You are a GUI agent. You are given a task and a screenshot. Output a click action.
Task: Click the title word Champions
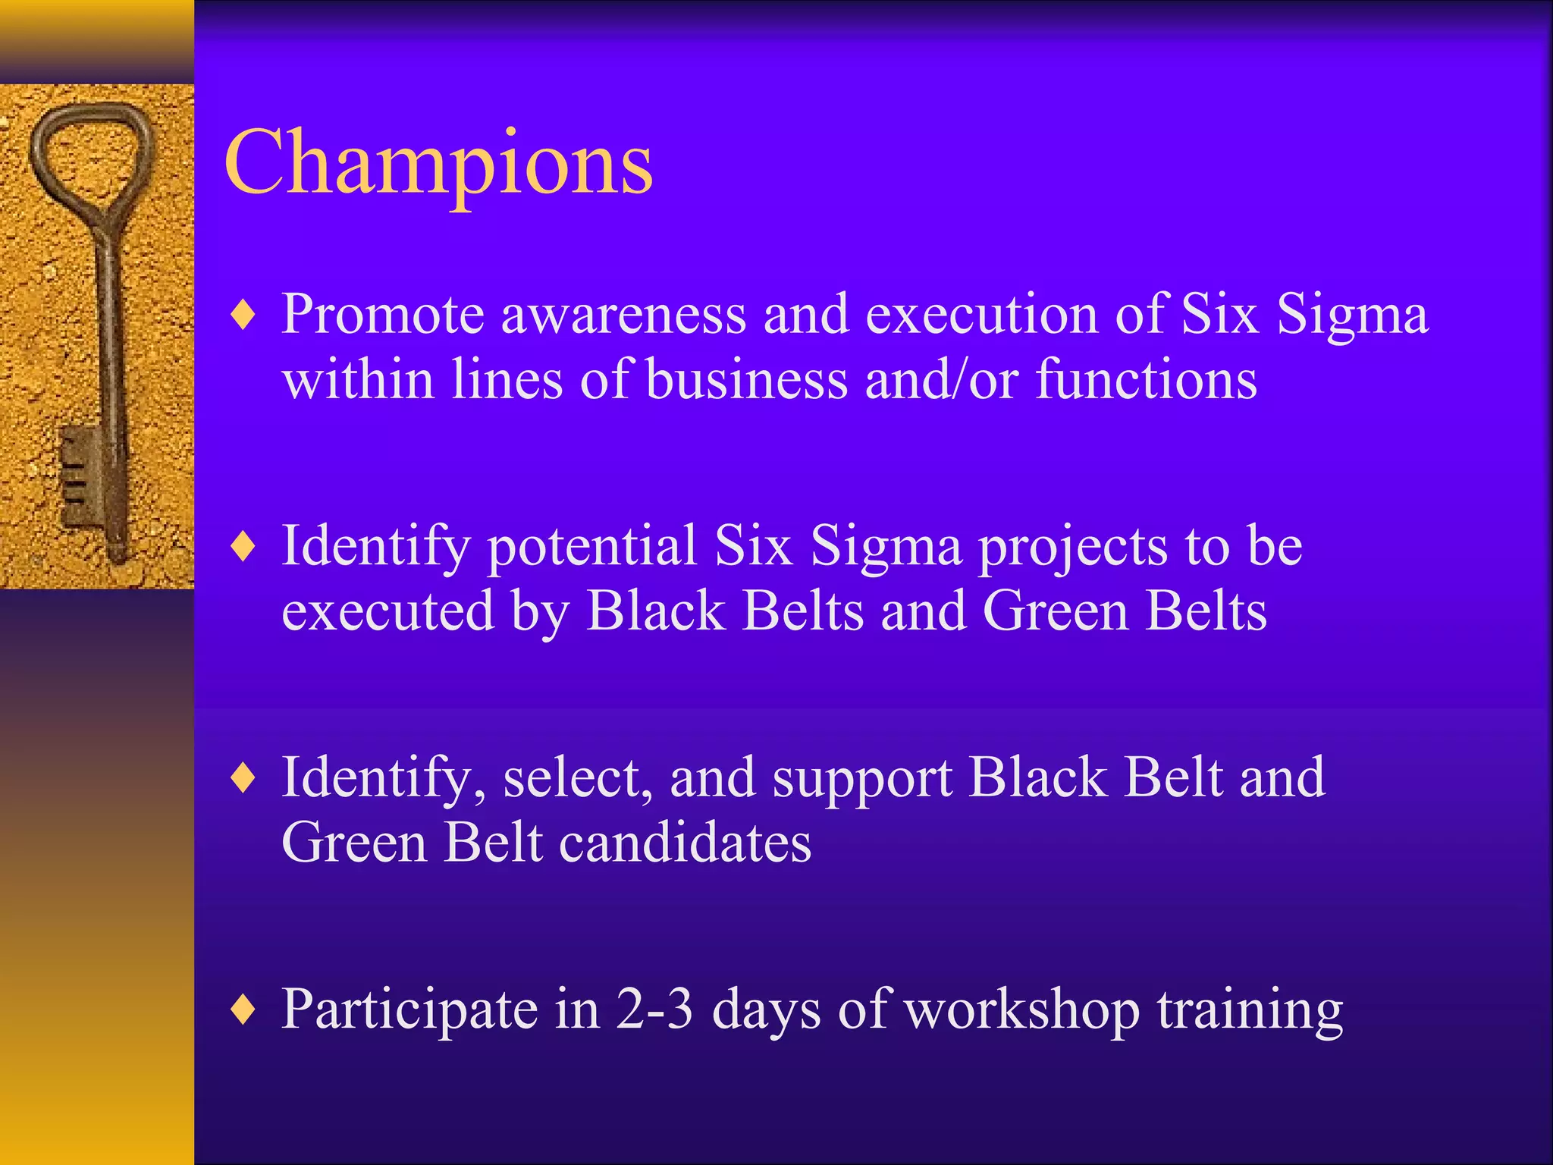point(438,163)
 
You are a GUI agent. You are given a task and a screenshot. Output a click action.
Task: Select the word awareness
point(623,314)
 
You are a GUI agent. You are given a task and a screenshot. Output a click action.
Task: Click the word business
point(747,379)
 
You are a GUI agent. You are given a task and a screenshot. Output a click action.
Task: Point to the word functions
point(1146,379)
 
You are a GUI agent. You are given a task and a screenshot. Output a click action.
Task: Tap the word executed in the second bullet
point(387,611)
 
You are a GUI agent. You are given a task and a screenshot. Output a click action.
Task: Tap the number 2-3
point(654,1009)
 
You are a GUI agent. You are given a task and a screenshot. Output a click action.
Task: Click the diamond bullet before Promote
point(243,314)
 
